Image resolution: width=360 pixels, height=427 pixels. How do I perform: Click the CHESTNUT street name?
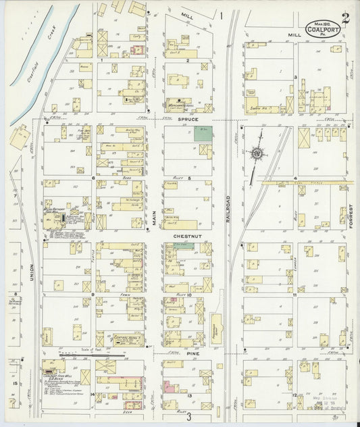click(186, 236)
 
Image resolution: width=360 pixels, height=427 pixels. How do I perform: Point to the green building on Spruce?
click(203, 132)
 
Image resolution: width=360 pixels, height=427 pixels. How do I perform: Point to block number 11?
click(295, 295)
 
